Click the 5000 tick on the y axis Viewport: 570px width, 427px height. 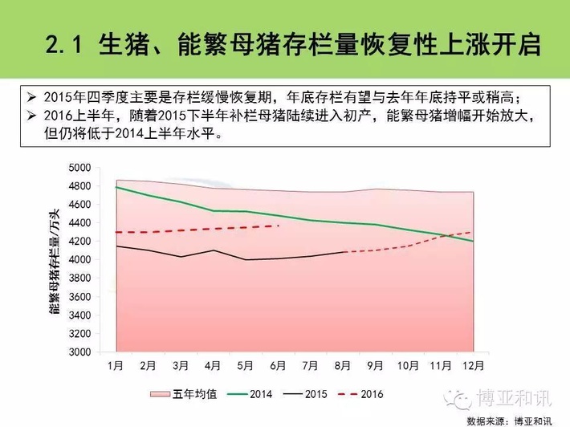[80, 168]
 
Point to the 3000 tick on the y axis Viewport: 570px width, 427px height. [80, 352]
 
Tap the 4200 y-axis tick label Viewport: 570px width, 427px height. [80, 242]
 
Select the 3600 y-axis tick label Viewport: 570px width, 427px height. [80, 296]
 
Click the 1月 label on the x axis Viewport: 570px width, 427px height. [116, 366]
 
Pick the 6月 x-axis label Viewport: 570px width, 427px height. [278, 366]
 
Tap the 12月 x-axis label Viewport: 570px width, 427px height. [473, 366]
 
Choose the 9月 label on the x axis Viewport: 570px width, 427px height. [375, 366]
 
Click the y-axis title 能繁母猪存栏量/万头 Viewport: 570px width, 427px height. [55, 259]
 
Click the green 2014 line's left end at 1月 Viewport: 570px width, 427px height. [116, 187]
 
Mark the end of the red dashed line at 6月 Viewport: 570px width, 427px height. [279, 226]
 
